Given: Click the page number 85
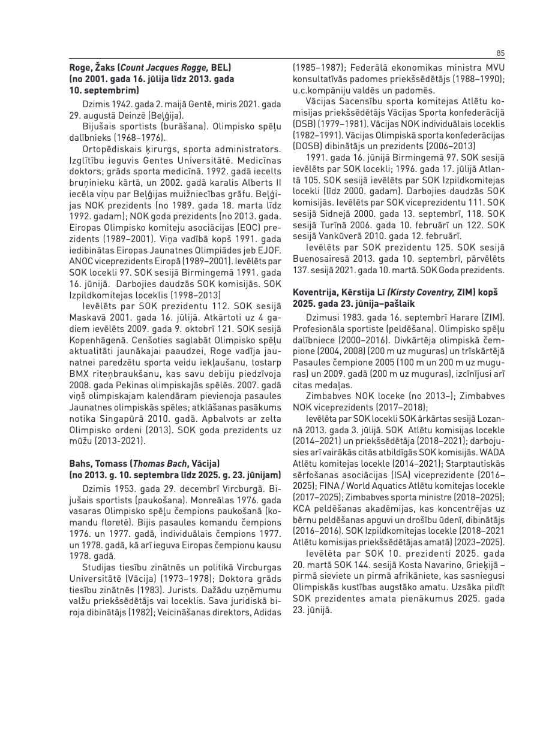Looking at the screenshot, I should pyautogui.click(x=500, y=53).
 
